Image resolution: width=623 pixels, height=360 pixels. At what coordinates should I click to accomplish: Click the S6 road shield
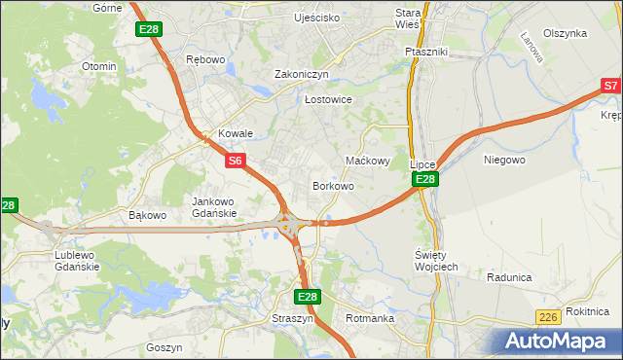click(236, 160)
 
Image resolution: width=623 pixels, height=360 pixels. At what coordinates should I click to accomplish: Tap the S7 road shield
click(610, 87)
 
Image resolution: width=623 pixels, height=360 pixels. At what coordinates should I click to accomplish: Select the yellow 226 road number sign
click(548, 317)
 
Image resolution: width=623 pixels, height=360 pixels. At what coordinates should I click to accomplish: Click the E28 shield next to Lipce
click(424, 180)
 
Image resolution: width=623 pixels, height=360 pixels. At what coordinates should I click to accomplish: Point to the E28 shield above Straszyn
click(307, 297)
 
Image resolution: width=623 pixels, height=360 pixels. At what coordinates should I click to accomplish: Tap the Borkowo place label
click(332, 186)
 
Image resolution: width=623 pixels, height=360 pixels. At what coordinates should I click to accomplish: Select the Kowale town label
click(236, 134)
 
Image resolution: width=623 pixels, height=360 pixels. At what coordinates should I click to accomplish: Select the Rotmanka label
click(369, 318)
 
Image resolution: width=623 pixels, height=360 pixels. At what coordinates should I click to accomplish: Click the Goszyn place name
click(164, 347)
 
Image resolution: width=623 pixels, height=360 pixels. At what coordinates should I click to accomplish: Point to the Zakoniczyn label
click(302, 74)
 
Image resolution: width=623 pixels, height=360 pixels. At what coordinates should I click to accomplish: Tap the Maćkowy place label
click(369, 161)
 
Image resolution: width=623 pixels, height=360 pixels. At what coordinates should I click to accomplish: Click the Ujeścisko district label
click(317, 18)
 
